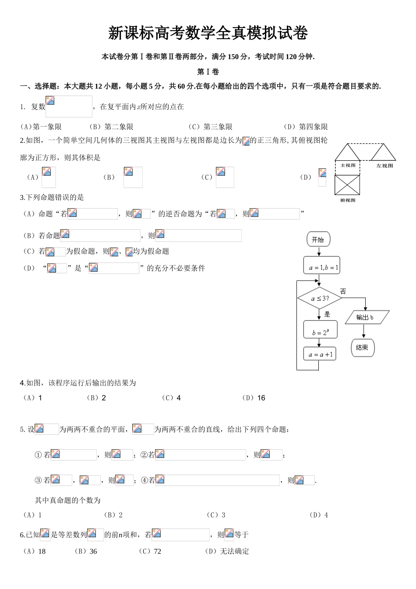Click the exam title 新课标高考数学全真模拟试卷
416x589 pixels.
[x=208, y=33]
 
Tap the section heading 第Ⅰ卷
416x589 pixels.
[x=208, y=71]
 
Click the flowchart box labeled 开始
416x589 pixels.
[x=318, y=240]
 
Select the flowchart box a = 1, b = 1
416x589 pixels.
[x=322, y=266]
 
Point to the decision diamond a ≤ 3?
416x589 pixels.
[x=320, y=298]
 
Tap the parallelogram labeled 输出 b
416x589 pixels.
[x=367, y=318]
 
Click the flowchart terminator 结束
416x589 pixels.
[x=363, y=348]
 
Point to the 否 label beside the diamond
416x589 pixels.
[x=343, y=291]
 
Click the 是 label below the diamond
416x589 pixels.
[x=327, y=314]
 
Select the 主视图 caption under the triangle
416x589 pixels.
[x=348, y=165]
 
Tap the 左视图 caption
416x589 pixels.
[x=384, y=165]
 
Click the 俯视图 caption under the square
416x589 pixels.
[x=348, y=200]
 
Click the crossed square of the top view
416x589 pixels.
[x=348, y=185]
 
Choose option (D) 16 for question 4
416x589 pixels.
[x=254, y=398]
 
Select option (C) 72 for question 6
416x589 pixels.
[x=150, y=551]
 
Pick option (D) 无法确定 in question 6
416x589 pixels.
[x=227, y=551]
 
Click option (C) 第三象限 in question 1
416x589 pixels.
[x=211, y=127]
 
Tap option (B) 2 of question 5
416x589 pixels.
[x=113, y=515]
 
